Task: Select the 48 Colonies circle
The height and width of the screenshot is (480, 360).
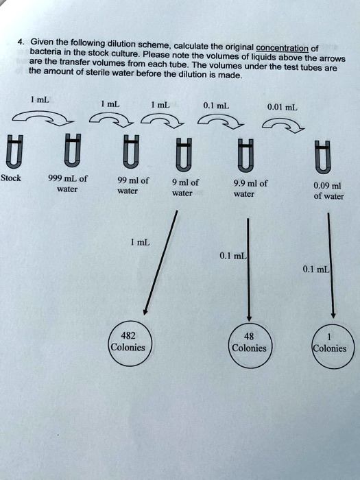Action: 249,342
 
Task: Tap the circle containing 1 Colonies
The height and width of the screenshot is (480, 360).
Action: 329,342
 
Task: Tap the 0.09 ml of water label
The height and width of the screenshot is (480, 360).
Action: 328,189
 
